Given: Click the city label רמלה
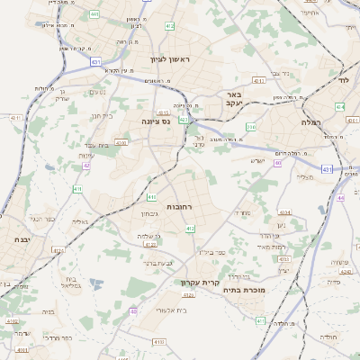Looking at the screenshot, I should click(312, 121).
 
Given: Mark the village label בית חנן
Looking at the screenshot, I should click(101, 116).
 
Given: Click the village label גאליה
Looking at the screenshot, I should click(80, 221).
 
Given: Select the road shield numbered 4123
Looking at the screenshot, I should click(150, 244).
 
